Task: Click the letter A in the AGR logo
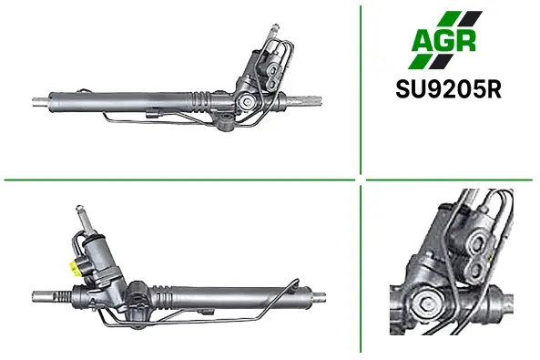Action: (422, 41)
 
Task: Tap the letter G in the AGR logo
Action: (443, 41)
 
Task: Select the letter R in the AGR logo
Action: (465, 41)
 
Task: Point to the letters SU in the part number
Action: (411, 89)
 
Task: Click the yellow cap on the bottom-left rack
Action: (74, 267)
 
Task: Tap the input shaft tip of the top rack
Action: (275, 27)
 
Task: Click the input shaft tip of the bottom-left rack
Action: (79, 209)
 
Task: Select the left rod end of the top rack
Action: (40, 102)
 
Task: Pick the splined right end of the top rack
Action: (308, 100)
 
